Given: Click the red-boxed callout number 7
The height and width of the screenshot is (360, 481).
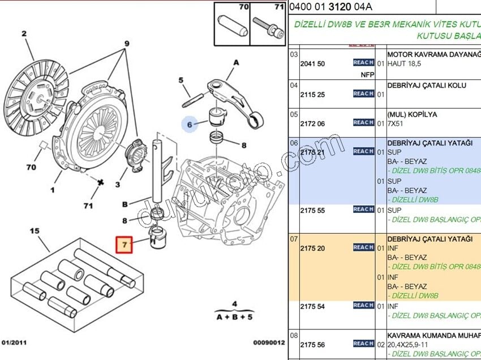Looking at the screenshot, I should [x=124, y=245].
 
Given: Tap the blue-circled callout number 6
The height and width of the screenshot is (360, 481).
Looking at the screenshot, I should [x=190, y=123].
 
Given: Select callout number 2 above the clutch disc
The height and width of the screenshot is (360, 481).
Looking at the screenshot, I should [x=24, y=34].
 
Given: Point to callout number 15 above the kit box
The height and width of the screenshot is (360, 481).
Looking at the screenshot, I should [x=35, y=231].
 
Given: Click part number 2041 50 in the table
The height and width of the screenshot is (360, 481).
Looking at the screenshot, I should [x=312, y=64].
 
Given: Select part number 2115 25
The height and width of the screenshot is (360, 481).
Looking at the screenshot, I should [x=312, y=94].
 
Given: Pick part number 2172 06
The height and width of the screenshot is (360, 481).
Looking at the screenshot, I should [x=312, y=123].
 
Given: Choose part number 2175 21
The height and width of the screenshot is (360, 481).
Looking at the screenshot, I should [x=312, y=152].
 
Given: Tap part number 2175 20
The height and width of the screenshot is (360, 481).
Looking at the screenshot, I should [x=312, y=248].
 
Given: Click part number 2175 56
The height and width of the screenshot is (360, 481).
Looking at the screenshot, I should [x=312, y=345].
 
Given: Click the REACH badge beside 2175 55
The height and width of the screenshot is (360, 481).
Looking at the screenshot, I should [x=363, y=209].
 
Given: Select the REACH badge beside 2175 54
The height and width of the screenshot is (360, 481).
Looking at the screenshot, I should [x=363, y=306].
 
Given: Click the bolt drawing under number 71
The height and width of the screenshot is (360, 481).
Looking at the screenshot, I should [x=268, y=24].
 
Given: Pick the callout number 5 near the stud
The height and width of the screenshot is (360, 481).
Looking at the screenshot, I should [x=181, y=80].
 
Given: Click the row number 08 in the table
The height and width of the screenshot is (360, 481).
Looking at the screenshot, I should [x=294, y=336].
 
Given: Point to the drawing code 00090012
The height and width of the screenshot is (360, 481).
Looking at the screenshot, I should [x=269, y=342].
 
